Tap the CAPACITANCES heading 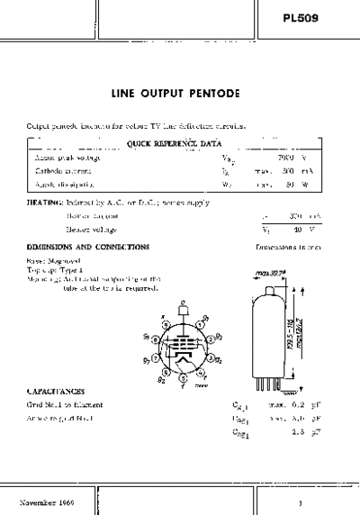pyautogui.click(x=56, y=392)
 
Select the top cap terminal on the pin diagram pyautogui.click(x=183, y=306)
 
